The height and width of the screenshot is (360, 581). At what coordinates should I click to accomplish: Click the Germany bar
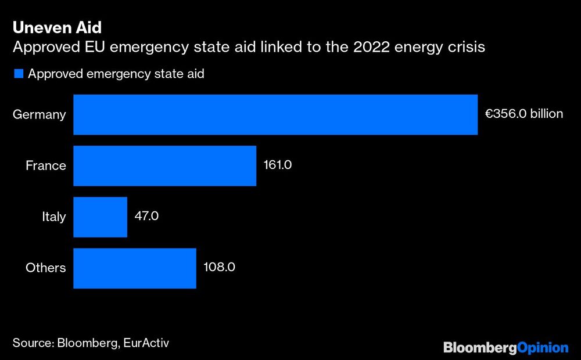tap(275, 114)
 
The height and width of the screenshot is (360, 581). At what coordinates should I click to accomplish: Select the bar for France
tap(165, 165)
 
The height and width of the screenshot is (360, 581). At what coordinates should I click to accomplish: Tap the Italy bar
tap(101, 217)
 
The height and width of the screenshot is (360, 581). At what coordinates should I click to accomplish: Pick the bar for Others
tap(135, 268)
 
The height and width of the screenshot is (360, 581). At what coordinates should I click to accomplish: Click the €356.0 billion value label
tap(524, 114)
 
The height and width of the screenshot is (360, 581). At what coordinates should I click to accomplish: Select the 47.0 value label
tap(146, 217)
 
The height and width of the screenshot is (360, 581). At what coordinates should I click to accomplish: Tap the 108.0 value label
tap(219, 268)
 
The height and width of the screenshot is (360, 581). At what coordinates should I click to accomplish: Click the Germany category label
tap(40, 115)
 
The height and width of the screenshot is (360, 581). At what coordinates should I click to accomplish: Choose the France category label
tap(46, 166)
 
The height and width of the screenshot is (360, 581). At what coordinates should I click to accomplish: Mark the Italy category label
tap(54, 217)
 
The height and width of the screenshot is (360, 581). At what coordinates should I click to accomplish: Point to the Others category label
tap(46, 268)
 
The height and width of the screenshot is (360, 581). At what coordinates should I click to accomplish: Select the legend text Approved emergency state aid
tap(116, 74)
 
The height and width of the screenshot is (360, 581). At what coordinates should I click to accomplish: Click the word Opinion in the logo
tap(542, 348)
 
